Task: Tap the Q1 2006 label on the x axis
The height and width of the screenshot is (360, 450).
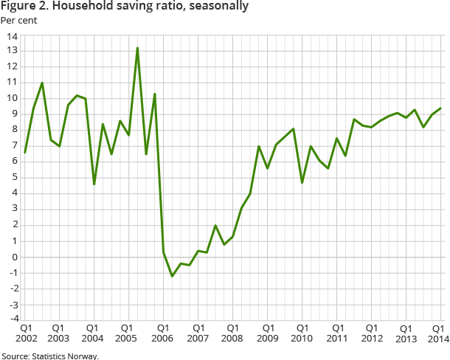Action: point(163,333)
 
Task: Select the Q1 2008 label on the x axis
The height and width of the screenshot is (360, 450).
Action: point(232,333)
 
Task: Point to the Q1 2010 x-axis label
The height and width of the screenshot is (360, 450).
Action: point(302,333)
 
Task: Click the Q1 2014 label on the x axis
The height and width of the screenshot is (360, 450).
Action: point(437,333)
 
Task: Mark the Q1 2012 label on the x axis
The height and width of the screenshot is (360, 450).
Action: point(371,333)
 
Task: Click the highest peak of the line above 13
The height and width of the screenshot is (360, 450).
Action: point(137,48)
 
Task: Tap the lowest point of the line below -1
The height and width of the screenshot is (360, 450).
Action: point(172,276)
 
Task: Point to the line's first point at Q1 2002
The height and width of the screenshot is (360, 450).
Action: point(25,152)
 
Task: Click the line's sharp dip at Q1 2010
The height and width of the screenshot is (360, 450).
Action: point(302,182)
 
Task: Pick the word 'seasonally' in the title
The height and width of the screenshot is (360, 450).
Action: point(219,7)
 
